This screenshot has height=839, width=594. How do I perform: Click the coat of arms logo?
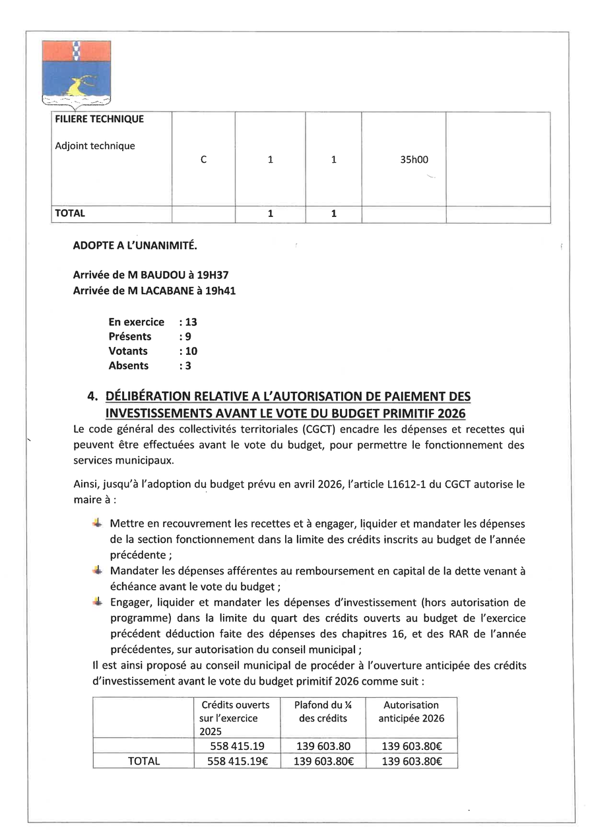tap(77, 73)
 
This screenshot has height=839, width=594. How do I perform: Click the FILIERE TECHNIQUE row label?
tap(99, 119)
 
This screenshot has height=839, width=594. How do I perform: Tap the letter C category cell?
tap(203, 160)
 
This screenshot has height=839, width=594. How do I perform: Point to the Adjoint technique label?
tap(94, 146)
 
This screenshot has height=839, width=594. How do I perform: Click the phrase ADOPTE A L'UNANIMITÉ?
tap(135, 246)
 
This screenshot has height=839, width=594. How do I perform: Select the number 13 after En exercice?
tap(191, 322)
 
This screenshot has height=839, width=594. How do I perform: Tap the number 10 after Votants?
tap(191, 351)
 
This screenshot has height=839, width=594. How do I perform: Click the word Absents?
tap(129, 365)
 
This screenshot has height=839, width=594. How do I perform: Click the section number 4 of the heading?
tap(92, 396)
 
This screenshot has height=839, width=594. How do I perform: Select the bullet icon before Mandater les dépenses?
tap(98, 570)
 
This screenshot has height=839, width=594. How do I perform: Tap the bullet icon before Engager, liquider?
tap(98, 602)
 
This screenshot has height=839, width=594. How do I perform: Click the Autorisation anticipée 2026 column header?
tap(411, 712)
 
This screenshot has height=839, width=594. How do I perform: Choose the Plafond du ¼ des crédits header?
tap(323, 712)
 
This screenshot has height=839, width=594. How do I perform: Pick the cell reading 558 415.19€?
tap(236, 761)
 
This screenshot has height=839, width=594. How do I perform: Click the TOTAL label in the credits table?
tap(144, 761)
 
